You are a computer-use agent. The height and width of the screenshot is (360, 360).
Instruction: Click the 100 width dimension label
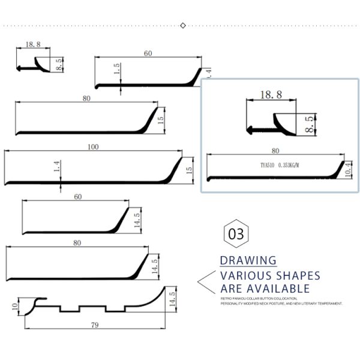[93, 147]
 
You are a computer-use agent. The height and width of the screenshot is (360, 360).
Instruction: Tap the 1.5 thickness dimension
[118, 70]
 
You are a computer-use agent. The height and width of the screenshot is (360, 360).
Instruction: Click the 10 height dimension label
[14, 307]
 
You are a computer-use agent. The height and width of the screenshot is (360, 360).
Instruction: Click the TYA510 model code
[268, 165]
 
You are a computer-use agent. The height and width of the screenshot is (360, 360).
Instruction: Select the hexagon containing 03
[236, 233]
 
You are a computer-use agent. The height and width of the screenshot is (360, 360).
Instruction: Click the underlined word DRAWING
[248, 260]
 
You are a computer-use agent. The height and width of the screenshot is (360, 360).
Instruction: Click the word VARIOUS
[241, 276]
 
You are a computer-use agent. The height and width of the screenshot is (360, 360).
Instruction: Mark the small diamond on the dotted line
[183, 25]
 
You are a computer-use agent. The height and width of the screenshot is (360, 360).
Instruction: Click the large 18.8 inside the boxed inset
[271, 94]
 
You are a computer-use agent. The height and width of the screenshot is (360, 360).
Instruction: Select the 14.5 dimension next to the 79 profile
[172, 299]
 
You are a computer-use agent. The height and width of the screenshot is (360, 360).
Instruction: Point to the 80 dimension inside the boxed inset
[275, 151]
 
